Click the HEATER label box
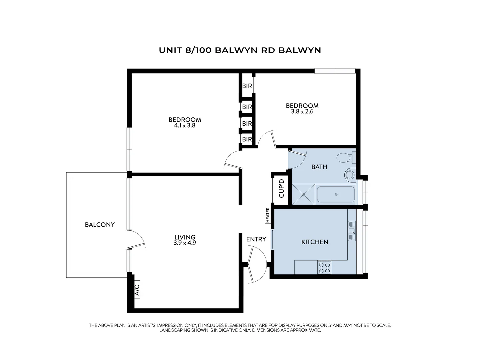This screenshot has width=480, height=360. click(267, 215)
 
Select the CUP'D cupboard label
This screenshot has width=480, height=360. click(282, 188)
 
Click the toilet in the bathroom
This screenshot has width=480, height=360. click(344, 157)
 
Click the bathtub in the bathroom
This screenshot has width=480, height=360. click(336, 194)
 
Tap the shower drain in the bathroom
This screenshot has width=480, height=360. click(303, 194)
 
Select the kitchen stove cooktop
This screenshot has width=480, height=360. click(324, 267)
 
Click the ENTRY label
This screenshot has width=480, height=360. click(256, 239)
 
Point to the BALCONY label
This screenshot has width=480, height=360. click(100, 225)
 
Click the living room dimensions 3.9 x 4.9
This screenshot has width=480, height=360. click(185, 243)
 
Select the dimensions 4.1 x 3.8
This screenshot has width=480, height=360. click(184, 126)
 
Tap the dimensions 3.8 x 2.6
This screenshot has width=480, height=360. click(302, 112)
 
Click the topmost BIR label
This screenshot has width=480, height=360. click(247, 86)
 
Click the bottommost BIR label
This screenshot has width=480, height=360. click(247, 139)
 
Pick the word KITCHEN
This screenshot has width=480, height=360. click(315, 242)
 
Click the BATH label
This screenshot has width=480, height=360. click(319, 167)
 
